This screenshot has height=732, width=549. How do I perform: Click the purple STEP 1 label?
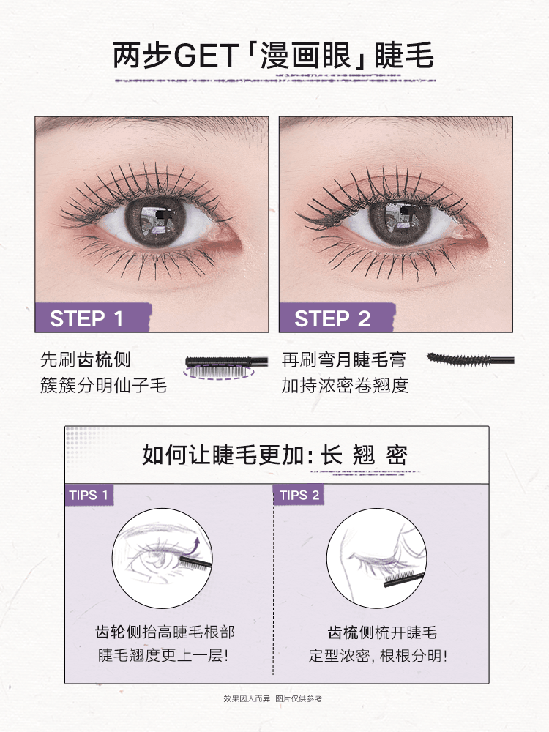[x=87, y=318]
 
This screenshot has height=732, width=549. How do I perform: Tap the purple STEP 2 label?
[x=333, y=318]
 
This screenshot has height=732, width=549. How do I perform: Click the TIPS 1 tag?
[x=89, y=496]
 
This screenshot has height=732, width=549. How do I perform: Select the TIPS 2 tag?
[x=299, y=496]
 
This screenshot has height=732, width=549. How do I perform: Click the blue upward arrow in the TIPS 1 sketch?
[x=196, y=545]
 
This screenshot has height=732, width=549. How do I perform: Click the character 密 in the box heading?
[x=396, y=455]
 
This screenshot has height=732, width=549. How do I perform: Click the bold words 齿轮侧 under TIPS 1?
[x=119, y=632]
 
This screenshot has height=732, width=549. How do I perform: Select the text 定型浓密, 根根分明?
[x=377, y=654]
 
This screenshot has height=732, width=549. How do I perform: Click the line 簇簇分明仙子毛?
[x=103, y=385]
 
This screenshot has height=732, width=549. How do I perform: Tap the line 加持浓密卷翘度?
[x=345, y=385]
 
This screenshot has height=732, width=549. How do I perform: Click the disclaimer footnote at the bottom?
[x=273, y=699]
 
